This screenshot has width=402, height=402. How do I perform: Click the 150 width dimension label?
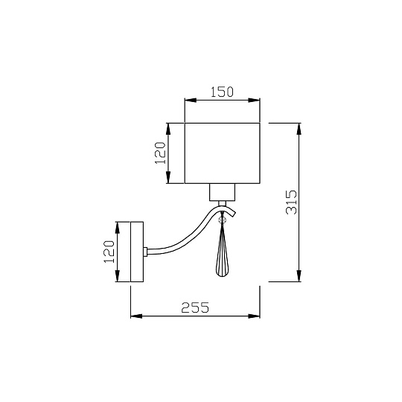coord(222,92)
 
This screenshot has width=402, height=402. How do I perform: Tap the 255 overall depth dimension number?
coord(194,307)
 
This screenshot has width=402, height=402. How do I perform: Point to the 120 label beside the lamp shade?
coord(159,153)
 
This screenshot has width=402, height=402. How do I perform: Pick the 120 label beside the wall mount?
coord(107,252)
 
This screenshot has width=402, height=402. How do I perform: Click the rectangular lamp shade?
coord(222,153)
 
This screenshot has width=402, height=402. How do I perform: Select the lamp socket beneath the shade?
coord(222,193)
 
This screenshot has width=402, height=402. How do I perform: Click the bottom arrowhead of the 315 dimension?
coord(300,277)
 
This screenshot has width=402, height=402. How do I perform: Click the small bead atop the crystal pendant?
coord(223,220)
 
